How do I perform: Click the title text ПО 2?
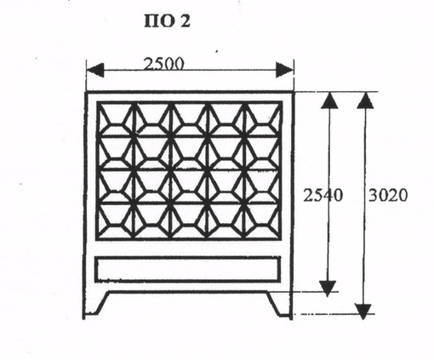click(168, 21)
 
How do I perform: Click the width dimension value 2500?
click(164, 64)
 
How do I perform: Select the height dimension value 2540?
click(323, 196)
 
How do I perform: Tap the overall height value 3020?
click(388, 196)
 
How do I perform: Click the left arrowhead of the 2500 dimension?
click(95, 70)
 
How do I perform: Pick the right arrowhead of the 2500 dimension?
click(284, 70)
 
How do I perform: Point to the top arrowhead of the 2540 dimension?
click(329, 100)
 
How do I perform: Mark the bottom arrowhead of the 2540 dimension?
click(328, 289)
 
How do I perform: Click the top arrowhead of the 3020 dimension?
click(365, 100)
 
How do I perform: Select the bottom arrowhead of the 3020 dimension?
click(363, 311)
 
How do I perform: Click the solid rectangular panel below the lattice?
click(188, 269)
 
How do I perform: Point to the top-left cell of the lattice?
click(116, 119)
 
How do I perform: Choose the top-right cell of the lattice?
click(262, 119)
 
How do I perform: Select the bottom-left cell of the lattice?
click(116, 220)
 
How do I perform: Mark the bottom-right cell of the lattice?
click(262, 220)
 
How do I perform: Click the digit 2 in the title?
click(186, 21)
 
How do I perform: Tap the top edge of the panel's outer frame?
click(189, 92)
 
